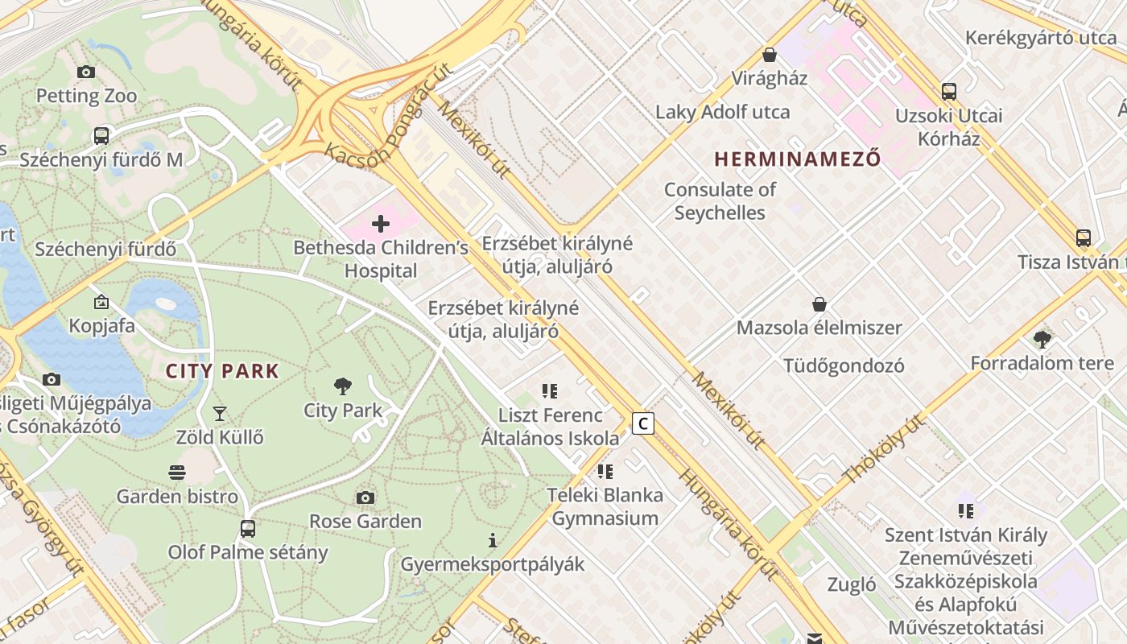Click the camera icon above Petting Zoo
pos(86,72)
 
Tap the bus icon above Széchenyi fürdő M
pos(101,135)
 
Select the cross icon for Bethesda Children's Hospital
pos(381,223)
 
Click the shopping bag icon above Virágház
pos(770,55)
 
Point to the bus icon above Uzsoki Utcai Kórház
pos(949,92)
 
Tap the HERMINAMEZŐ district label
pos(797,159)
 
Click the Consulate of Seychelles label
pos(720,201)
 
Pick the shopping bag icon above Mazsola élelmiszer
pos(819,304)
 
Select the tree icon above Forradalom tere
pos(1042,339)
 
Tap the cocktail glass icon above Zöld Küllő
pos(220,414)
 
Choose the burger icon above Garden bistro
pos(177,472)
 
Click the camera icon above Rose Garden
pos(365,497)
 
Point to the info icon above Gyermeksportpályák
pos(493,540)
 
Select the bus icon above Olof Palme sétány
pos(248,529)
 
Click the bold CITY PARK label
pos(222,371)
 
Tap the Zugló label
pos(852,584)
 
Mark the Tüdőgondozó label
pos(844,366)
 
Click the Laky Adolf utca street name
pos(722,112)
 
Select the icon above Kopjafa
pos(101,302)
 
